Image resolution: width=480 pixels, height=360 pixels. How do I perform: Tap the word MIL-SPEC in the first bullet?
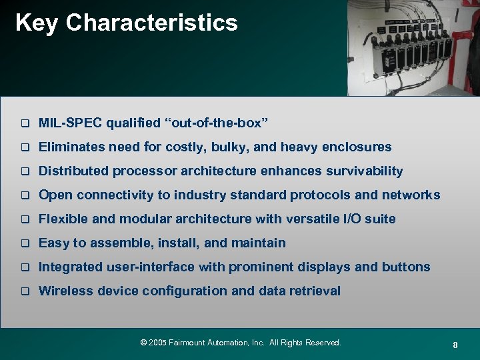(71, 123)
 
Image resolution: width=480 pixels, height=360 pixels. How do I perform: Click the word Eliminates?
(70, 147)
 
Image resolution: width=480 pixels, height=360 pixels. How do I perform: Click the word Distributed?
(73, 171)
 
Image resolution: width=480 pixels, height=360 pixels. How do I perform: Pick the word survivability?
(364, 171)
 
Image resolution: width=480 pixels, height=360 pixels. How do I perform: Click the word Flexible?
(62, 219)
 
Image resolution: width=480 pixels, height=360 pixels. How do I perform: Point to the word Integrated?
(71, 267)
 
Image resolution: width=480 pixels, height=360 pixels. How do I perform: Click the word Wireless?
(65, 291)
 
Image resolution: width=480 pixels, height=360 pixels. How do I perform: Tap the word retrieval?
(315, 291)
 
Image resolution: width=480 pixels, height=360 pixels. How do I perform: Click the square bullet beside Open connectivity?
(25, 195)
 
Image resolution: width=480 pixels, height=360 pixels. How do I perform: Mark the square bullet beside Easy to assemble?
(25, 243)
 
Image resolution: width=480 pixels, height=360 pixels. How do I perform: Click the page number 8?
(455, 345)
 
